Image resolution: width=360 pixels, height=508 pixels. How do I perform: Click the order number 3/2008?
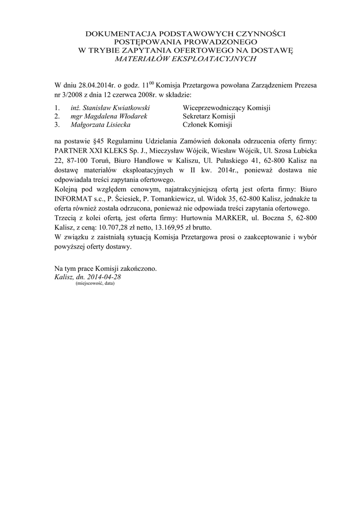click(74, 94)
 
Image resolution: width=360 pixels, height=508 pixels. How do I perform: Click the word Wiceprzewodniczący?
click(213, 107)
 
